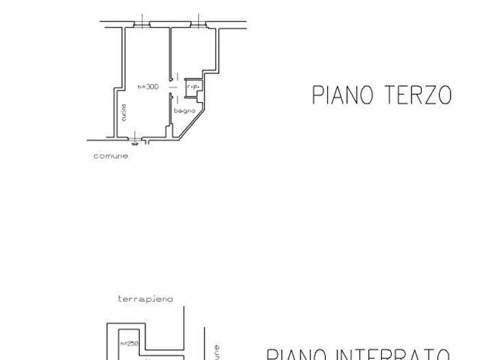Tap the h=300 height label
click(147, 87)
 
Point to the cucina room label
click(123, 112)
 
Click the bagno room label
click(184, 111)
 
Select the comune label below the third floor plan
click(110, 156)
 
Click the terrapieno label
click(145, 299)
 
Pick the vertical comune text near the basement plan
click(217, 351)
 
